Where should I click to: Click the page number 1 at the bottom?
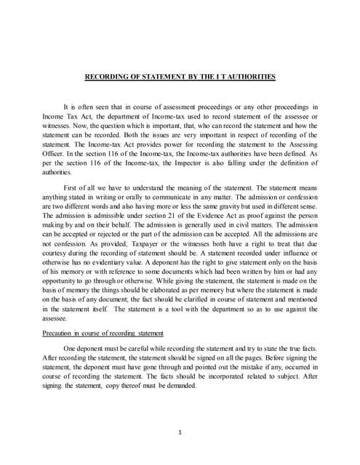(x=180, y=433)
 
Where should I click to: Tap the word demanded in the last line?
(x=180, y=385)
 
